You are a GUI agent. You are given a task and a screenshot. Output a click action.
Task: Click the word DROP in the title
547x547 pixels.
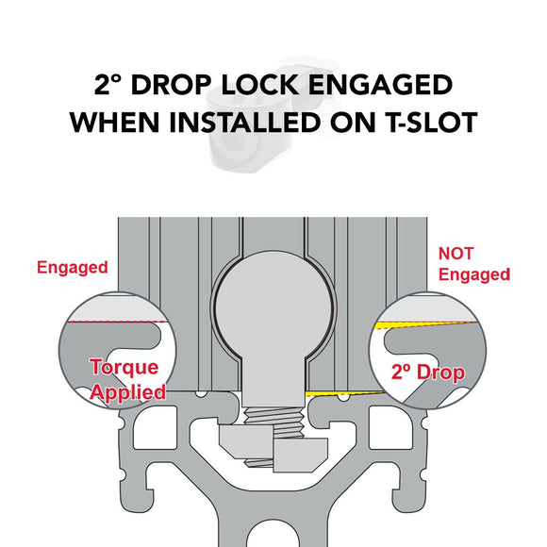(172, 85)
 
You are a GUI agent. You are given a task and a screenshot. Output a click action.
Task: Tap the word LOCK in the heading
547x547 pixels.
(259, 85)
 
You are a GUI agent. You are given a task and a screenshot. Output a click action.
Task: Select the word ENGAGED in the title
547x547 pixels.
(380, 85)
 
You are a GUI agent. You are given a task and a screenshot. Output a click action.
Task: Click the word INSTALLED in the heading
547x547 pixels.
(245, 122)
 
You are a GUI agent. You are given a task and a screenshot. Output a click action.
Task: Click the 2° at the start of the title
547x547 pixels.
(108, 85)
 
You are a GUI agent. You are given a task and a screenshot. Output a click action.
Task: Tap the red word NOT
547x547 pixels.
(456, 254)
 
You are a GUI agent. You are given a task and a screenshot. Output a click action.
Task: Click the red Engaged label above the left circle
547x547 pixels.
(73, 268)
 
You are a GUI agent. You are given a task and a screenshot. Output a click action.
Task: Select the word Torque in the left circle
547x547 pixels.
(124, 368)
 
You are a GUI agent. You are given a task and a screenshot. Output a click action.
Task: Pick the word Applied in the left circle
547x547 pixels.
(127, 392)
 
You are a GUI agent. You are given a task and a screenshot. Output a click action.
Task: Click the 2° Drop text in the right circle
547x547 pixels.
(428, 373)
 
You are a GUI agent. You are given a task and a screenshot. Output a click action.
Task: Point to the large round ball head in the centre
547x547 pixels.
(273, 308)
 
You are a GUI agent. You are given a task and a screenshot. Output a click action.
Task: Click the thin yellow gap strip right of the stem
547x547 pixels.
(345, 393)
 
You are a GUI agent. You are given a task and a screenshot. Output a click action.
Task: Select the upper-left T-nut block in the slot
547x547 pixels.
(246, 440)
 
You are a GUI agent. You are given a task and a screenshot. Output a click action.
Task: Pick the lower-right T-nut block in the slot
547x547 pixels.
(301, 455)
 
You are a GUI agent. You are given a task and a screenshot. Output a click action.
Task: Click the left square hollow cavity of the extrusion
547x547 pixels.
(156, 427)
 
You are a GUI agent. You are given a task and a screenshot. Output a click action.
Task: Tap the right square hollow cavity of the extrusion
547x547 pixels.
(390, 427)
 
